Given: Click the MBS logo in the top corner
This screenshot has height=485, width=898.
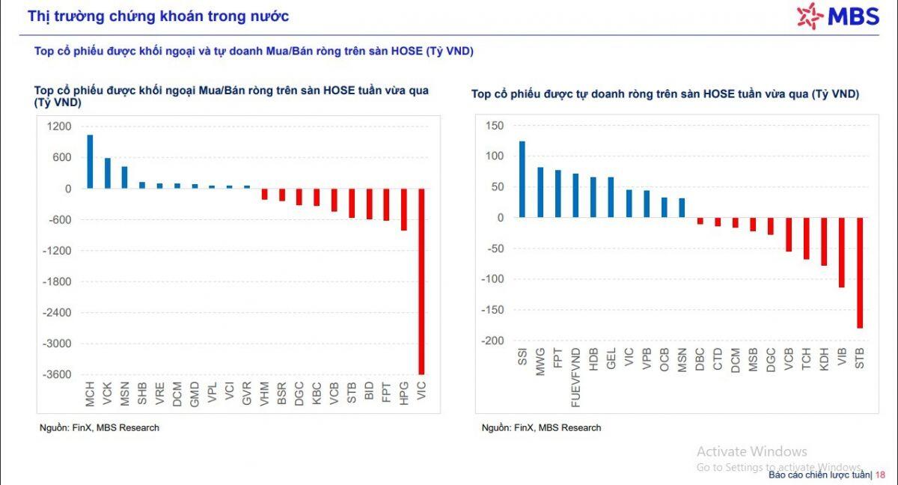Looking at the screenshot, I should tap(837, 15).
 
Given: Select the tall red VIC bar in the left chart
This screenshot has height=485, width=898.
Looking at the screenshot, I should tap(421, 281).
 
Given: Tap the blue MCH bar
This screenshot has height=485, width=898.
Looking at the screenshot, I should tap(90, 162).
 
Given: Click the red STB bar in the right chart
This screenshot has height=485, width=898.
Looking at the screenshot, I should tap(860, 272).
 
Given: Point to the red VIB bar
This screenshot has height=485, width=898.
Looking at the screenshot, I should tap(842, 252).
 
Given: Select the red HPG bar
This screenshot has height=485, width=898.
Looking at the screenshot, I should tap(404, 209).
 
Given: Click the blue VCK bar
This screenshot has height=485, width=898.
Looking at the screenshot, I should tap(107, 173).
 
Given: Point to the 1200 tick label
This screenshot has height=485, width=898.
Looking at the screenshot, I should tap(60, 126).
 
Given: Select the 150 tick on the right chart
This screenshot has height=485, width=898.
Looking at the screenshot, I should tap(495, 126).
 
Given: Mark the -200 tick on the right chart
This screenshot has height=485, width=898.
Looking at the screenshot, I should tap(492, 341).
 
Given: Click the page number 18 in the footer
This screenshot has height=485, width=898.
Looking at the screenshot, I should tap(880, 475).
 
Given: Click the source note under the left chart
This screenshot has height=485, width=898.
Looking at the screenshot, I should tap(99, 427).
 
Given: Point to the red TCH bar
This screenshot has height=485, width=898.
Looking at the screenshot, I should tap(806, 238).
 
